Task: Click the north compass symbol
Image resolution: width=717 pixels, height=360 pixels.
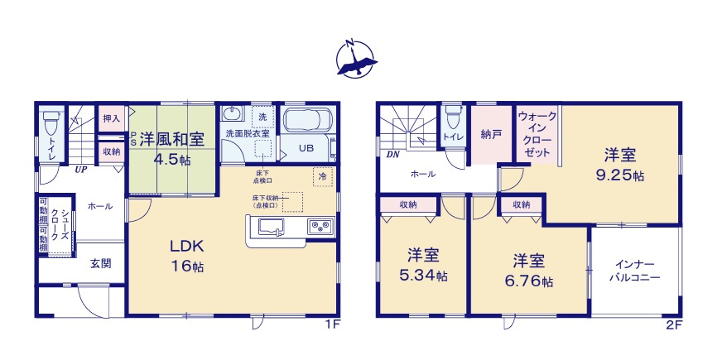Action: (356, 57)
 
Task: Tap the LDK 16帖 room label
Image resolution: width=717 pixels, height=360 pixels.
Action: (187, 256)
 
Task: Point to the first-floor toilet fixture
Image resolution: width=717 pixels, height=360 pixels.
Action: (51, 123)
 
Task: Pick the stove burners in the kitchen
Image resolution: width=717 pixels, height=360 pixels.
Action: (320, 227)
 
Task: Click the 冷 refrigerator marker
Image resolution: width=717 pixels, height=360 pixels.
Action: (320, 176)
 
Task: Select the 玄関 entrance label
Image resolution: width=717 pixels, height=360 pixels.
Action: (101, 264)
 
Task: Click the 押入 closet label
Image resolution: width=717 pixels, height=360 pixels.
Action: (112, 119)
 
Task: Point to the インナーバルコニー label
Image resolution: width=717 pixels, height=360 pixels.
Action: (637, 271)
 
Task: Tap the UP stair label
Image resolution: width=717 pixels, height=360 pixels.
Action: (81, 170)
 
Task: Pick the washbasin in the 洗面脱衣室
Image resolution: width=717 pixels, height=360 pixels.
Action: (233, 115)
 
